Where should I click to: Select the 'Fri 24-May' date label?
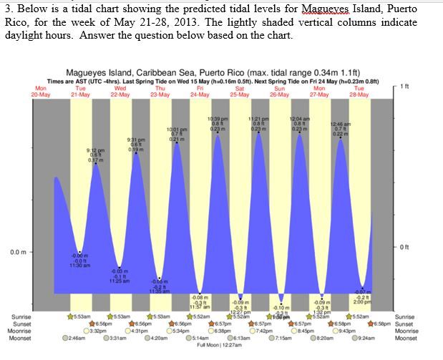click(200, 91)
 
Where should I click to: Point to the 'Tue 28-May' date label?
click(359, 91)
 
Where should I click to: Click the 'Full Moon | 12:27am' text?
click(220, 344)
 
